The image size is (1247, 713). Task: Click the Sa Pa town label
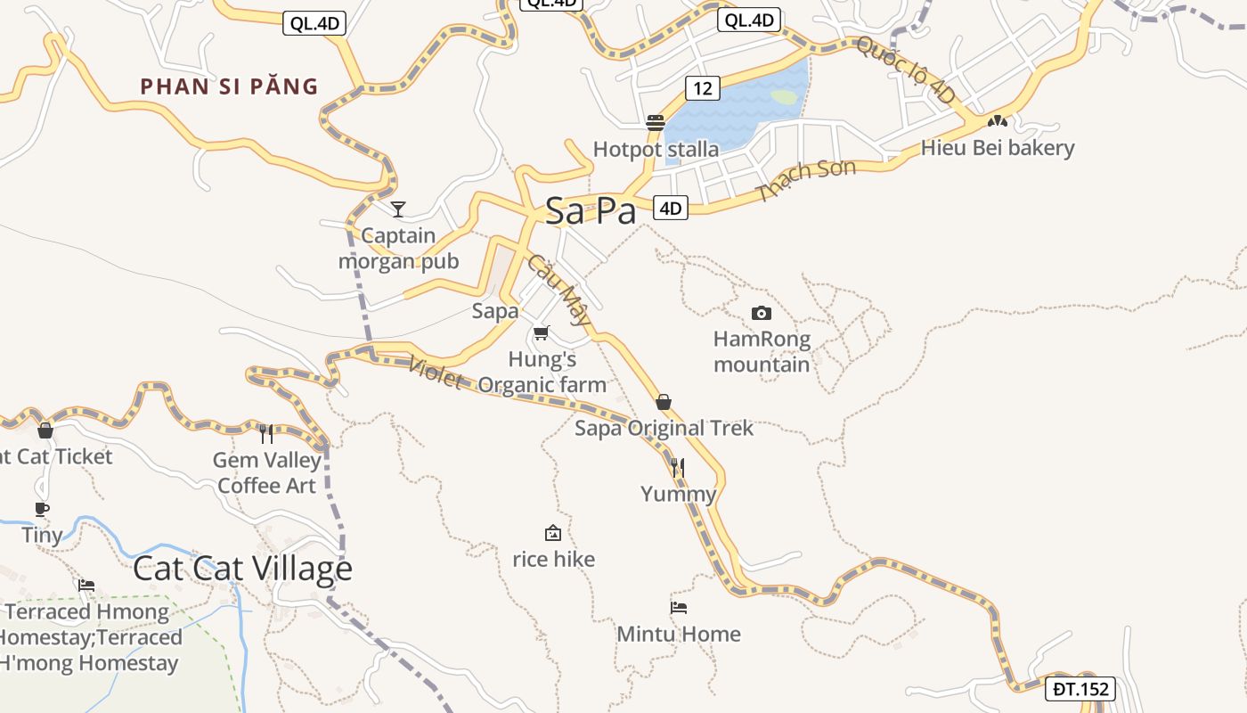(591, 211)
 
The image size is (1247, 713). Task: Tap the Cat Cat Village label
(242, 569)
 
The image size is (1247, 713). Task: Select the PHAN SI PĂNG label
(229, 86)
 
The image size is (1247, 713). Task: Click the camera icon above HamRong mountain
(762, 313)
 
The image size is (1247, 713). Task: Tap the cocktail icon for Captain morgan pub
(398, 209)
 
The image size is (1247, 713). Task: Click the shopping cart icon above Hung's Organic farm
(541, 333)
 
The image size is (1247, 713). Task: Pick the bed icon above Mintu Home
(679, 608)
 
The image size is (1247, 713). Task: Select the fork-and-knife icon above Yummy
(678, 467)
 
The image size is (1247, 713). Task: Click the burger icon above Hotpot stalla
(656, 122)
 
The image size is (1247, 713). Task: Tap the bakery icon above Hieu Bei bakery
(998, 120)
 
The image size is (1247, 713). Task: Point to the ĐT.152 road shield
(1081, 689)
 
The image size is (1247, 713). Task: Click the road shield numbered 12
(703, 87)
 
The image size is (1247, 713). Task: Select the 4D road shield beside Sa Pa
(671, 209)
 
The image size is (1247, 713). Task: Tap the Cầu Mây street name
(558, 290)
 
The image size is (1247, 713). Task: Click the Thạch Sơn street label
(806, 180)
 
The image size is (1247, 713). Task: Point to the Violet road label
(436, 373)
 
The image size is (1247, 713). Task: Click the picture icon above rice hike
(553, 533)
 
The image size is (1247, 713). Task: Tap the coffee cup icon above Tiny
(41, 509)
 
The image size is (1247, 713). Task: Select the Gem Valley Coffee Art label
(266, 472)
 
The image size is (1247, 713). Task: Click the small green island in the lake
(784, 96)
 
